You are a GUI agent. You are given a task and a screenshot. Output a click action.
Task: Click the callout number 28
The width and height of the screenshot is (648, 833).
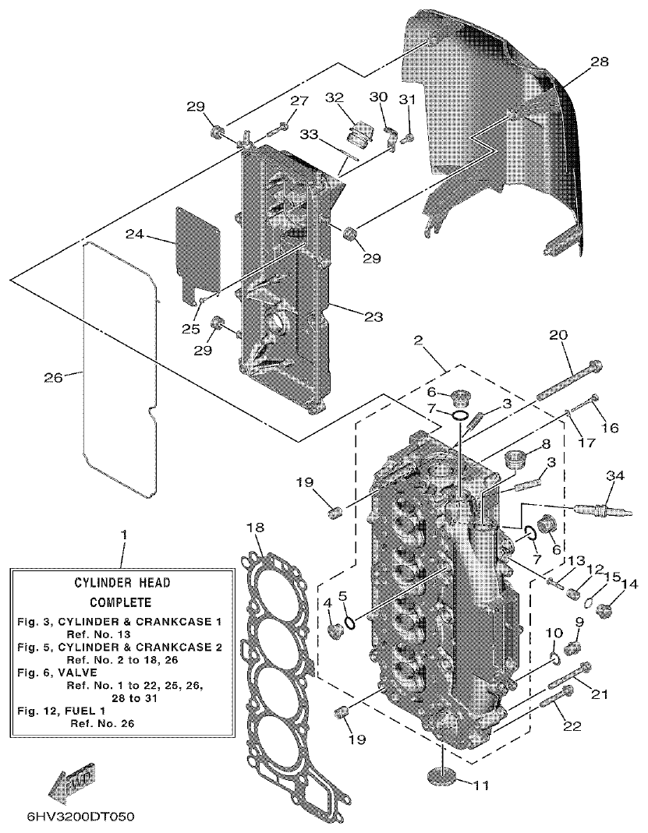click(x=600, y=62)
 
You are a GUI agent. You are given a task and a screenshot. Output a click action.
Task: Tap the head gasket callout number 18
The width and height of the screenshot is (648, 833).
click(x=255, y=528)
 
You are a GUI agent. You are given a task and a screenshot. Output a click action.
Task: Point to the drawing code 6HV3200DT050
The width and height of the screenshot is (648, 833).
click(x=81, y=817)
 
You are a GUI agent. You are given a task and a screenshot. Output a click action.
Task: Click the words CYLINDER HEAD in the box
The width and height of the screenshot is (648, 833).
click(x=122, y=582)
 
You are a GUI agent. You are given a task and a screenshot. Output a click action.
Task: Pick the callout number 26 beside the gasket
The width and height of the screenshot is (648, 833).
click(x=53, y=379)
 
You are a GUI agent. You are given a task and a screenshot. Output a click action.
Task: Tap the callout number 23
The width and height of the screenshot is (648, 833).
click(x=372, y=316)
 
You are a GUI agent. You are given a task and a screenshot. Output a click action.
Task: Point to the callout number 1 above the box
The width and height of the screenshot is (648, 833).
click(x=122, y=538)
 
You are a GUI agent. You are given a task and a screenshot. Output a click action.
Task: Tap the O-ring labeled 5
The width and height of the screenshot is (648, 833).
click(x=350, y=622)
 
